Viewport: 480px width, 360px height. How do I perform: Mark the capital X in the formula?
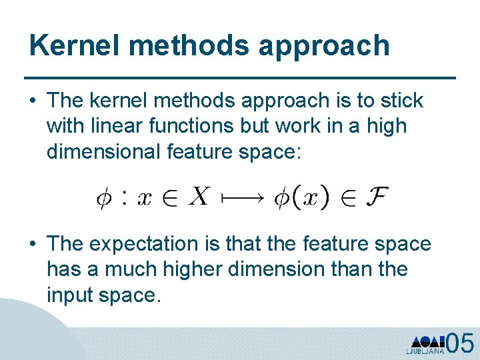(199, 197)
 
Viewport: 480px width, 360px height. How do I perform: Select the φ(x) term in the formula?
(301, 197)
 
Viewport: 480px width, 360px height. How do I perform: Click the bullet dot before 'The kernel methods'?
(32, 101)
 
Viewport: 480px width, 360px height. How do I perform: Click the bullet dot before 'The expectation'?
(32, 245)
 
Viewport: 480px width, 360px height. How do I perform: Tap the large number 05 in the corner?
(459, 343)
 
